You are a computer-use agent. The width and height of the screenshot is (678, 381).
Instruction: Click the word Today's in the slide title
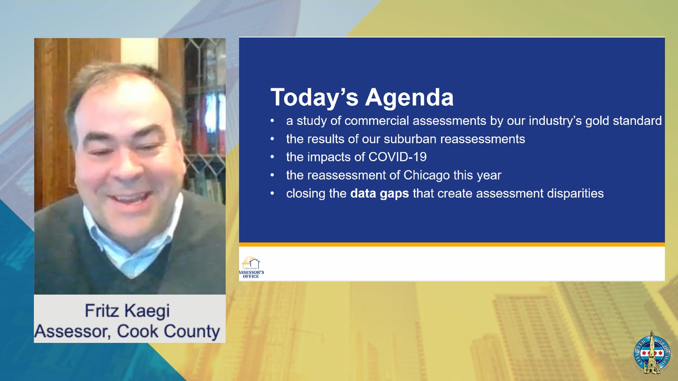pos(314,98)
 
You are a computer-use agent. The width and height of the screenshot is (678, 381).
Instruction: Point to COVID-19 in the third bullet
pos(397,157)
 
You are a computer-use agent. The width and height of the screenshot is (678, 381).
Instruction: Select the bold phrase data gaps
pos(379,194)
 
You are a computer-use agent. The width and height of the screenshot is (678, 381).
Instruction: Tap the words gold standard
pos(623,121)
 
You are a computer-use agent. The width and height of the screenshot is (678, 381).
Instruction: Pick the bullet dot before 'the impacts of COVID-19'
pos(272,157)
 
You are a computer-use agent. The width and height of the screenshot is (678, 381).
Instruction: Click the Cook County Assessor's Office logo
pos(251,267)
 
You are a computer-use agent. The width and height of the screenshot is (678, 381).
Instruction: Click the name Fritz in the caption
pos(102,311)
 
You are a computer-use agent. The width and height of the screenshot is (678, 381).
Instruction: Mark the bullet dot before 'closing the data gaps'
pos(272,193)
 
